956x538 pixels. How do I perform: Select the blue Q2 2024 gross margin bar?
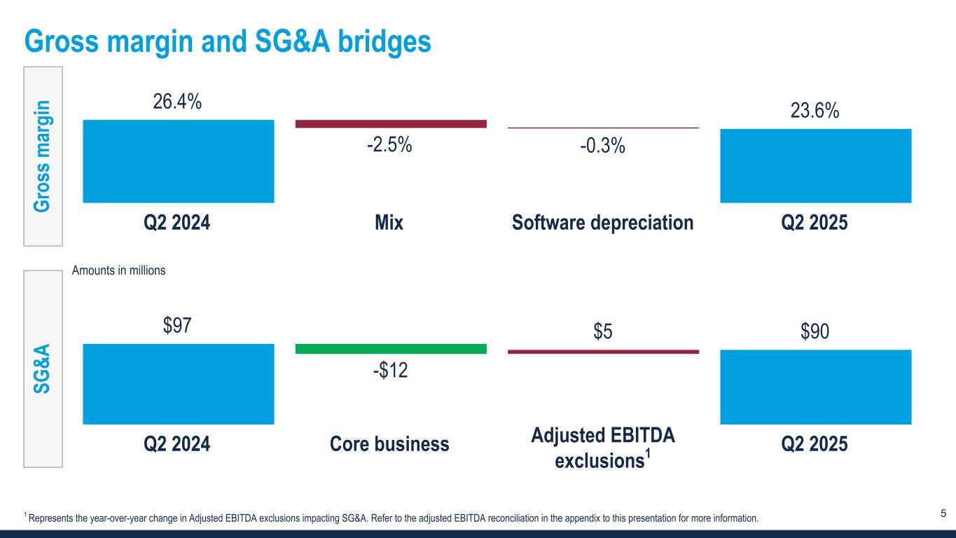click(178, 161)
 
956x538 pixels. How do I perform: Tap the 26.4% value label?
click(178, 102)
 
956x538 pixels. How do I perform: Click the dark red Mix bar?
click(391, 124)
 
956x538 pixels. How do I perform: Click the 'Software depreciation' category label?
click(603, 223)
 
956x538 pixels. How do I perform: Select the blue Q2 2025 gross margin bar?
click(815, 165)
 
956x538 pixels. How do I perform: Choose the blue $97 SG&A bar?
click(178, 384)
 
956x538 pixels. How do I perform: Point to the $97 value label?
click(178, 326)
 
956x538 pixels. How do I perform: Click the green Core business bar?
click(391, 348)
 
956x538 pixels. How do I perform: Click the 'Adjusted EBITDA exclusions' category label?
click(603, 448)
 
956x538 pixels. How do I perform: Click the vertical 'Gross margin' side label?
click(43, 156)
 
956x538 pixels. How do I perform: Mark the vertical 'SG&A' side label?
click(43, 368)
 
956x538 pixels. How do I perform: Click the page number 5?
click(943, 514)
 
